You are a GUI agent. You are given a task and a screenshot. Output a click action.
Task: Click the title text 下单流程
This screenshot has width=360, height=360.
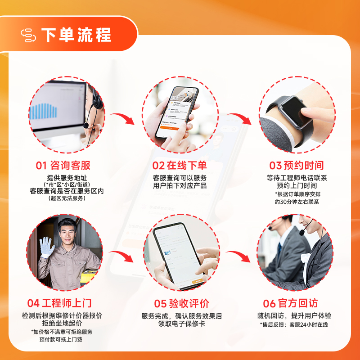(x=76, y=35)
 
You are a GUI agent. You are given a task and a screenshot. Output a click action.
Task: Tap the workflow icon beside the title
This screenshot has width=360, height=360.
(x=28, y=36)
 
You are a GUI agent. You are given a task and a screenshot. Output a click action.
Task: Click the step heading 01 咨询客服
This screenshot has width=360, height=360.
(x=63, y=166)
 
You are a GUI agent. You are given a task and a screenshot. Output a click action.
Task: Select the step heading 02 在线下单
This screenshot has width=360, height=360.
(x=180, y=166)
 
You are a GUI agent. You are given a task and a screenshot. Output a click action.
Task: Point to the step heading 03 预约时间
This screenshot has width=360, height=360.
(x=297, y=166)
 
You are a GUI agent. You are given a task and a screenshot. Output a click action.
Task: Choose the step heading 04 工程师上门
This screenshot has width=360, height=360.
(x=59, y=303)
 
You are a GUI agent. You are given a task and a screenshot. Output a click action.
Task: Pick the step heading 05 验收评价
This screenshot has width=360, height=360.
(x=181, y=303)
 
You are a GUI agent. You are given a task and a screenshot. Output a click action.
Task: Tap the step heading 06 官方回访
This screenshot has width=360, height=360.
(x=290, y=303)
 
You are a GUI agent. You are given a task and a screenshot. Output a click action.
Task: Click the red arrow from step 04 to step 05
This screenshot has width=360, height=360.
(x=122, y=256)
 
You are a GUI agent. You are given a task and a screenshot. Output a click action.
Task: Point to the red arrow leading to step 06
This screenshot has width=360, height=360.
(x=239, y=256)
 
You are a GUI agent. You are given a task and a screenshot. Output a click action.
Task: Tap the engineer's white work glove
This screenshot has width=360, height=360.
(x=47, y=247)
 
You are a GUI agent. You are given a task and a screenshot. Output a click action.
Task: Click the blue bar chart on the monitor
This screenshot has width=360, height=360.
(x=43, y=112)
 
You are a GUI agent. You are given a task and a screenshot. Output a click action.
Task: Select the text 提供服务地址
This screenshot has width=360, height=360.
(x=67, y=177)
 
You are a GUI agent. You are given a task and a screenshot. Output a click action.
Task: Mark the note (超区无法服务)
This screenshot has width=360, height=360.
(x=67, y=198)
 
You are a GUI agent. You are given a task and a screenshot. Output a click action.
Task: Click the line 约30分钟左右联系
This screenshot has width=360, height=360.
(x=297, y=202)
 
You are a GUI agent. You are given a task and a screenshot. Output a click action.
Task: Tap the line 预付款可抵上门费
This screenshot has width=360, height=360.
(x=61, y=339)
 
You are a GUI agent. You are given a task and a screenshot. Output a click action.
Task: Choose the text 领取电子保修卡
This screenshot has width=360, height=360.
(x=182, y=324)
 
